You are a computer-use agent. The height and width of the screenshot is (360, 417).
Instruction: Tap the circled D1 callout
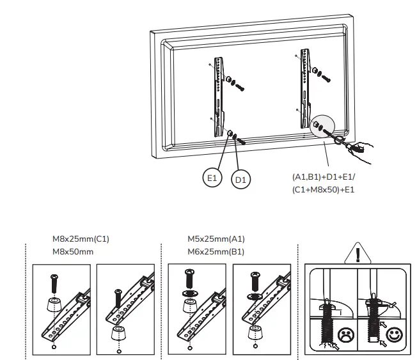tap(241, 180)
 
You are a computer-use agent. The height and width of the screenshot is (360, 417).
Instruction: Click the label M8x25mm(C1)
tap(81, 240)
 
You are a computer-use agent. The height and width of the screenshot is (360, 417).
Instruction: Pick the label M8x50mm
tap(73, 251)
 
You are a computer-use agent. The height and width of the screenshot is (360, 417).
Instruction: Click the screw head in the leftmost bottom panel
tap(53, 279)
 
